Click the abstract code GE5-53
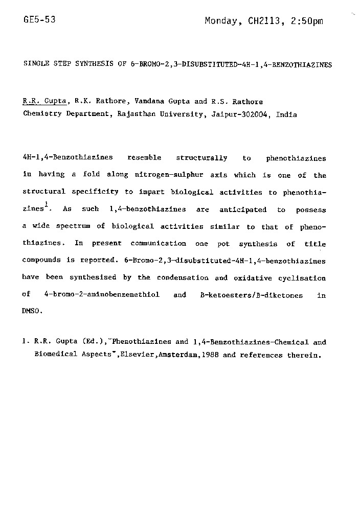point(39,20)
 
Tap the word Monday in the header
point(221,21)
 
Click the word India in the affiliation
point(286,114)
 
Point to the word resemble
point(144,158)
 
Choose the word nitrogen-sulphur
point(169,175)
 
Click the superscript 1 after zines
point(46,204)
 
